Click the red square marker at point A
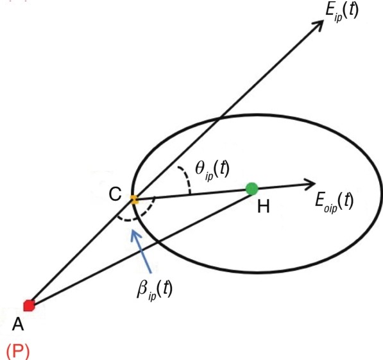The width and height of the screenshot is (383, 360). tap(29, 305)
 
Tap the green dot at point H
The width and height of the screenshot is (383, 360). tap(251, 189)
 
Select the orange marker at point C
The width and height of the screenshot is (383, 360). tap(134, 200)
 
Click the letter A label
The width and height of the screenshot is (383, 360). tap(18, 324)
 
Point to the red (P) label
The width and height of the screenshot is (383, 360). tap(17, 351)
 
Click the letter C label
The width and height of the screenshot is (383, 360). tap(115, 194)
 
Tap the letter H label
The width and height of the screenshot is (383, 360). tap(264, 207)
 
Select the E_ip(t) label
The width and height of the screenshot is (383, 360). tap(342, 12)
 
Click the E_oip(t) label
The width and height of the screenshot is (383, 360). tap(334, 201)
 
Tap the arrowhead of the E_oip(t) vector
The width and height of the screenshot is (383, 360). tap(310, 184)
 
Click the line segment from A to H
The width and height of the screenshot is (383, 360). tap(140, 247)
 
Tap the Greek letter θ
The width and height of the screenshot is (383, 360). tap(200, 168)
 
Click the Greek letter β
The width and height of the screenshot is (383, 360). tap(142, 288)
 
